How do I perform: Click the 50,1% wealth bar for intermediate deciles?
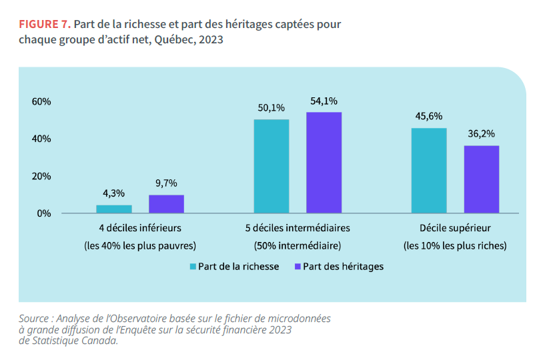pyautogui.click(x=272, y=166)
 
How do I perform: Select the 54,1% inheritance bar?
pyautogui.click(x=324, y=163)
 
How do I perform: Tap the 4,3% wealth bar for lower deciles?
pyautogui.click(x=114, y=209)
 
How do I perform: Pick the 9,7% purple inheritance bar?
pyautogui.click(x=166, y=204)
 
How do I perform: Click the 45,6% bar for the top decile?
pyautogui.click(x=429, y=171)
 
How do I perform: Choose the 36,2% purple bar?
pyautogui.click(x=482, y=179)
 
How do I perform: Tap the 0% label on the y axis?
pyautogui.click(x=44, y=213)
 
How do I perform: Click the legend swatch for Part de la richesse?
pyautogui.click(x=193, y=266)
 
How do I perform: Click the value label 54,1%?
pyautogui.click(x=324, y=101)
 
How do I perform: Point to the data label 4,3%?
pyautogui.click(x=114, y=194)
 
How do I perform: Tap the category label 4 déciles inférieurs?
pyautogui.click(x=140, y=227)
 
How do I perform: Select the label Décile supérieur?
pyautogui.click(x=455, y=227)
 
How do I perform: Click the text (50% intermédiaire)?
pyautogui.click(x=298, y=245)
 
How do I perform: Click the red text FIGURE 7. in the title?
pyautogui.click(x=45, y=25)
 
